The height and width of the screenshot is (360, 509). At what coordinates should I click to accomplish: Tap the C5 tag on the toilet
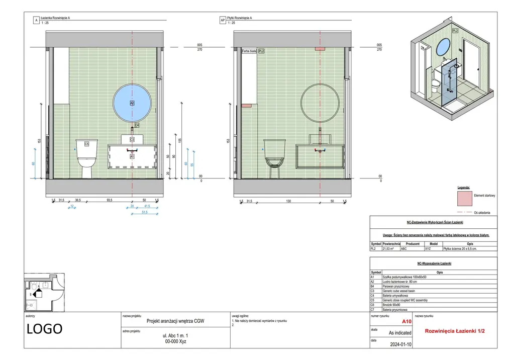pos(86,144)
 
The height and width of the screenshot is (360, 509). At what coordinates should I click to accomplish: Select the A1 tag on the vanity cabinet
pos(132,157)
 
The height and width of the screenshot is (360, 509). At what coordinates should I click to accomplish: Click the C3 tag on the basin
pos(132,139)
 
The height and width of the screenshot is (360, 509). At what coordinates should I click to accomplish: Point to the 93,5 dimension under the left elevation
pos(109,200)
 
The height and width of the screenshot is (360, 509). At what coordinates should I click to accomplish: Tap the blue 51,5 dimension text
pos(145,213)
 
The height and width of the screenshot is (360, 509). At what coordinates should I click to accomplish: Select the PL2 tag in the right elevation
pos(261,51)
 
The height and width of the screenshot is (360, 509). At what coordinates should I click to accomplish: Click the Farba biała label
pos(249,51)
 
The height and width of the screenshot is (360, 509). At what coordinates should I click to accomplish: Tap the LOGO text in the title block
pos(44,329)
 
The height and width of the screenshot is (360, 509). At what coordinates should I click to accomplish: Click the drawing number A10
pos(406,321)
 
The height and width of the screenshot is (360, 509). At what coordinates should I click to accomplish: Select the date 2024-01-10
pos(400,344)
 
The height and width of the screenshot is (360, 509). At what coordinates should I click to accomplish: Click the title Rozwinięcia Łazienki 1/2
pos(454,331)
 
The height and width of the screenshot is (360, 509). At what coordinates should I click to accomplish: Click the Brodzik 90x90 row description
pos(393,305)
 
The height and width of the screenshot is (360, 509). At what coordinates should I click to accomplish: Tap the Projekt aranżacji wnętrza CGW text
pos(175,321)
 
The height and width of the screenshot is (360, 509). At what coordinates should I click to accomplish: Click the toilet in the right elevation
pos(274,156)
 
